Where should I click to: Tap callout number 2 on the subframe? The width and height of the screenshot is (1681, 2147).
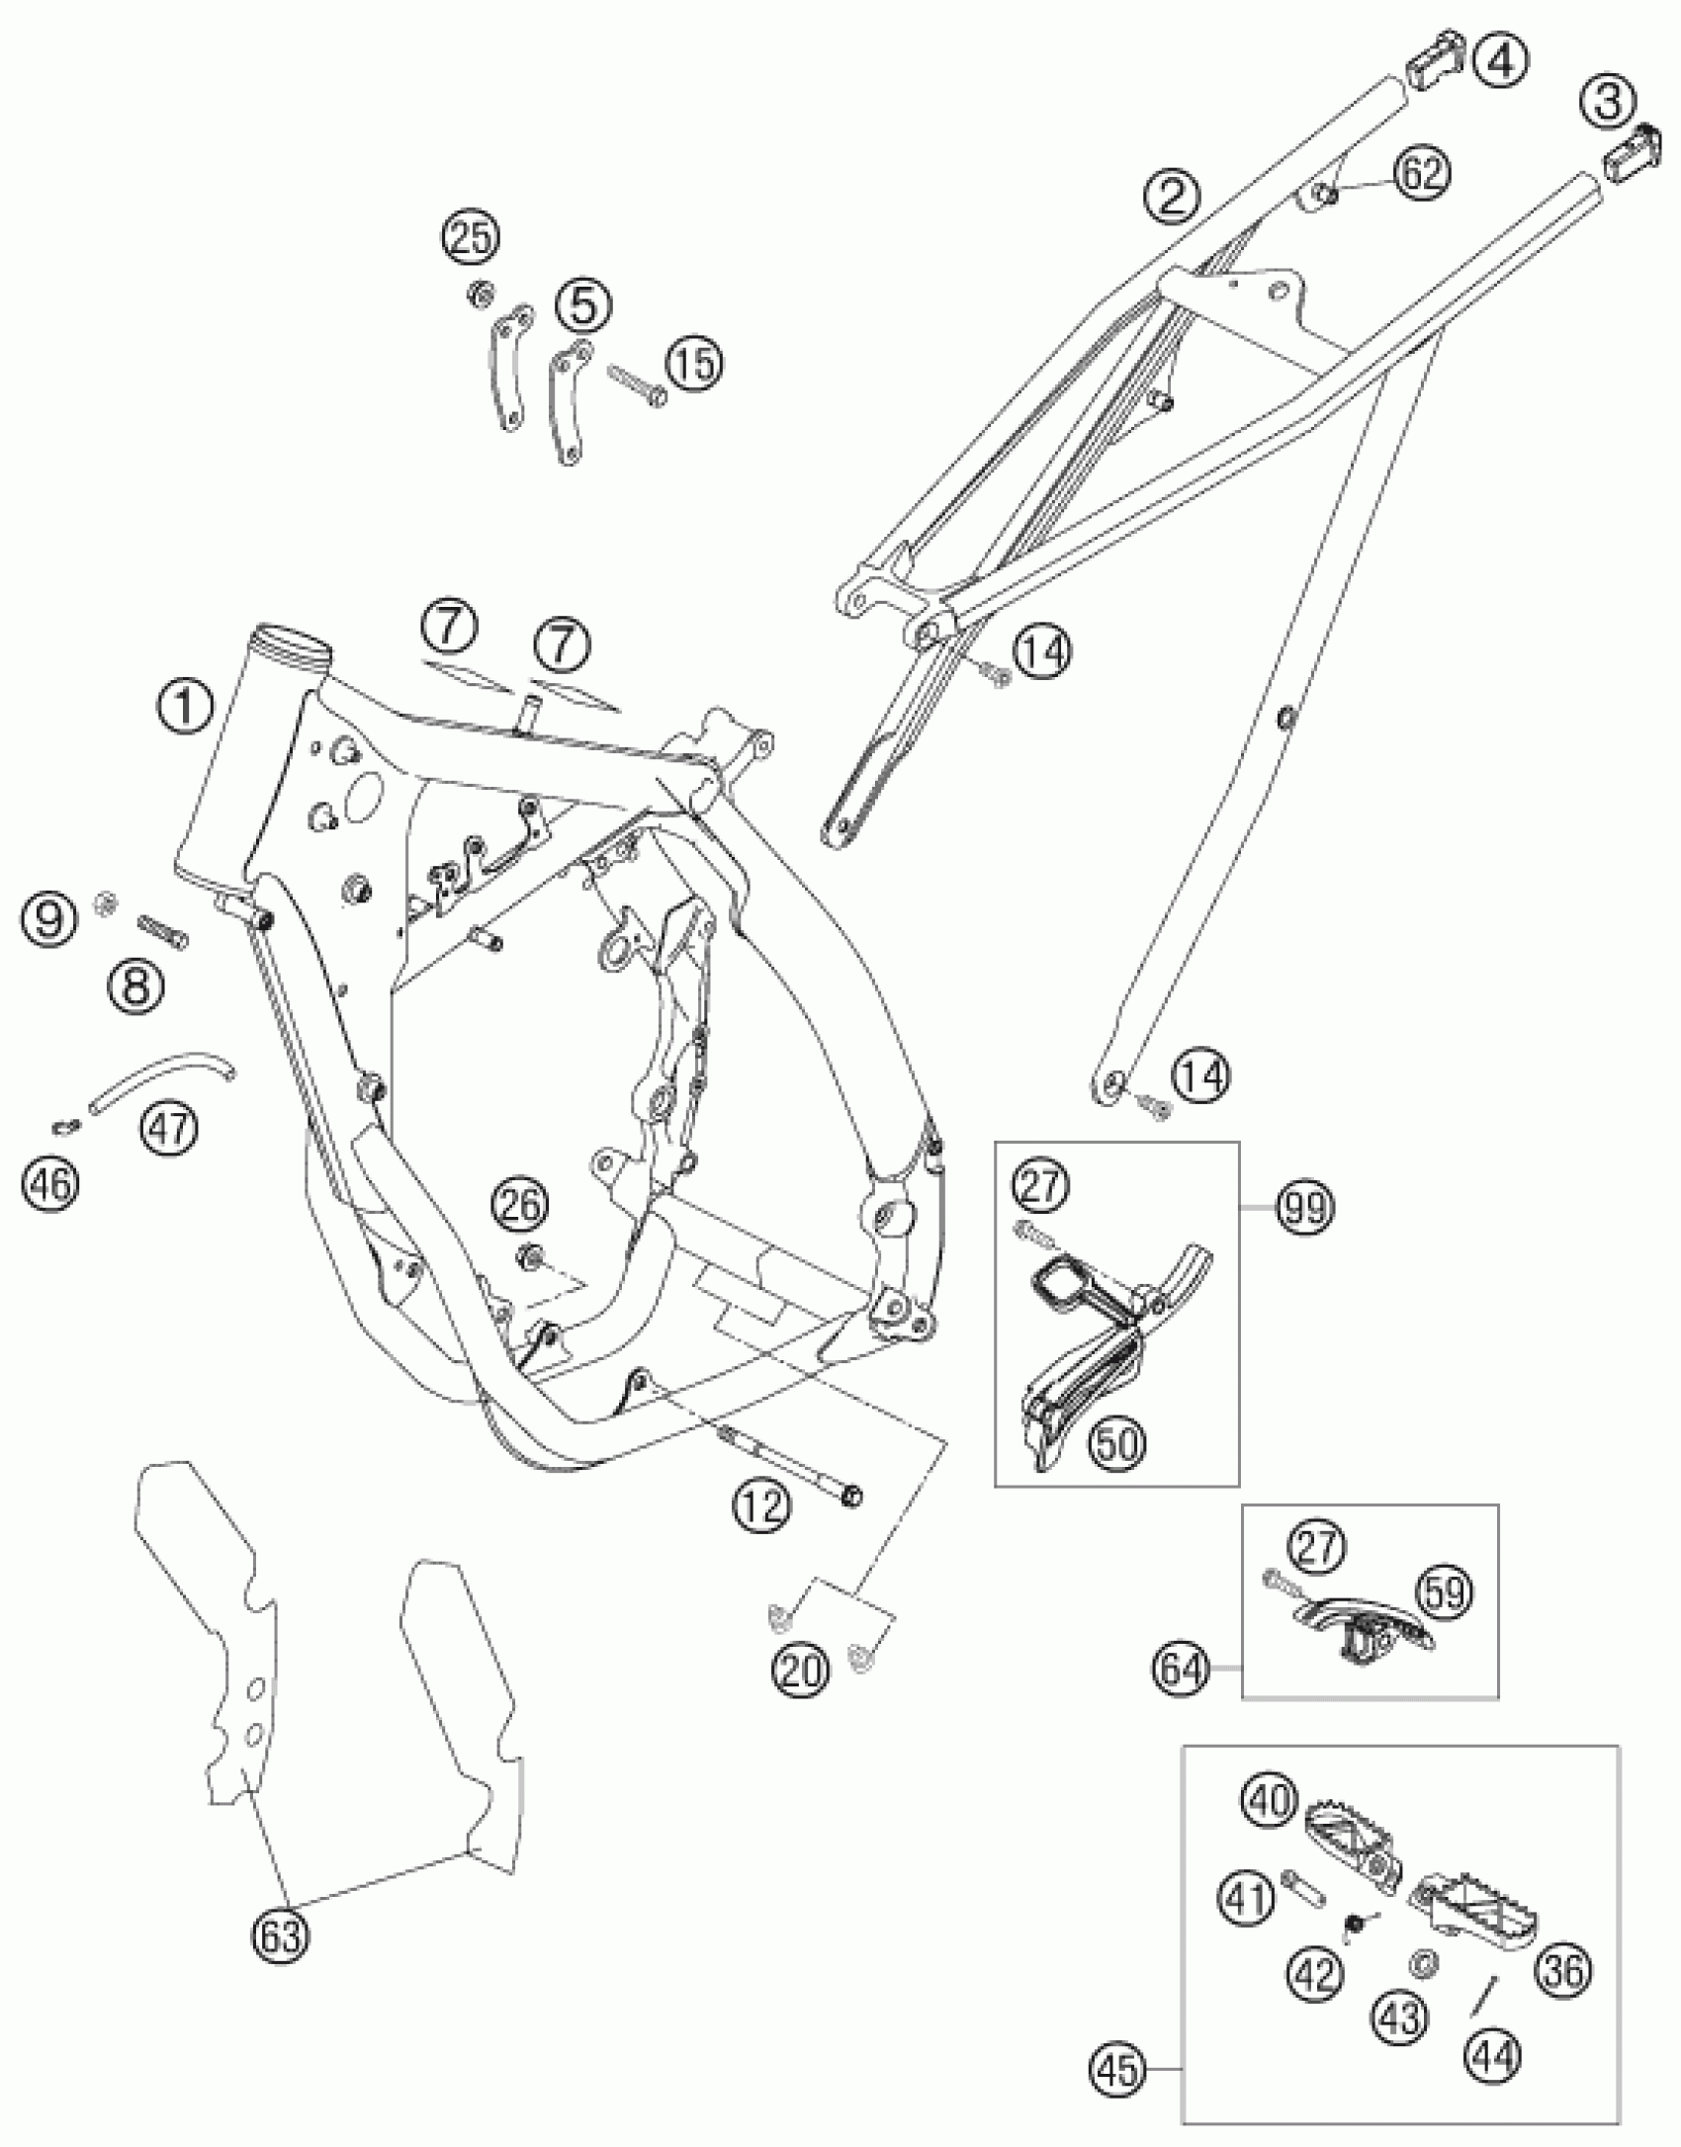[1171, 196]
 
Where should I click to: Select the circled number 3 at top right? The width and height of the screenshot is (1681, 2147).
[1607, 102]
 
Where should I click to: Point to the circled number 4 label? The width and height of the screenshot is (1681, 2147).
[1499, 61]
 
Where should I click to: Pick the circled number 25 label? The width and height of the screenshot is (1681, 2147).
[471, 238]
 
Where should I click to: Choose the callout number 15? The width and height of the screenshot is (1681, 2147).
[693, 363]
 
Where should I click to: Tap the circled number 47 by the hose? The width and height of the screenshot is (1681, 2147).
[169, 1127]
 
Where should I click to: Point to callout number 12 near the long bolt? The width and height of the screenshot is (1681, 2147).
[762, 1506]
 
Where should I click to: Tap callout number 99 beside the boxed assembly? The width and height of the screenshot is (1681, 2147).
[1304, 1208]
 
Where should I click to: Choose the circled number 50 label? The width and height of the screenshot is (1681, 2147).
[1114, 1443]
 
